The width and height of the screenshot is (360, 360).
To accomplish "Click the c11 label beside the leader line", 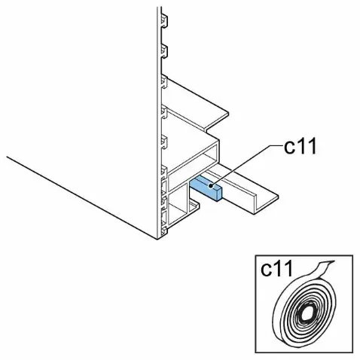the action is (x=301, y=146).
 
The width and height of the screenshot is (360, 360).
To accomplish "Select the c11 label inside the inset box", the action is (x=276, y=269).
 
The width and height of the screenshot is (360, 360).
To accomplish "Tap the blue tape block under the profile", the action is (x=206, y=188).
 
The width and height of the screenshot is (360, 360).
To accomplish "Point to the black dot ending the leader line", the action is (x=211, y=186).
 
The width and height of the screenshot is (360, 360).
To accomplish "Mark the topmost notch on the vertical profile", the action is (x=164, y=20).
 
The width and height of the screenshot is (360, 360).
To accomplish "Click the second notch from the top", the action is (x=164, y=51).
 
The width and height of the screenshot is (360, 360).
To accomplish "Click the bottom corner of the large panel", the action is (x=157, y=239).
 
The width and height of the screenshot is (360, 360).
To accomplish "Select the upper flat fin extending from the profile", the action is (x=196, y=103).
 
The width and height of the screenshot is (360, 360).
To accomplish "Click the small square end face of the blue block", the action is (x=217, y=195).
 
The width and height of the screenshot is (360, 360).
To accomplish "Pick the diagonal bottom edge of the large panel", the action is (x=82, y=197).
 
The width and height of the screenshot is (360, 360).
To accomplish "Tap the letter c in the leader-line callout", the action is (x=289, y=148).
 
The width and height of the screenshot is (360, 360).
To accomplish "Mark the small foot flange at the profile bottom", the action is (x=194, y=206).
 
